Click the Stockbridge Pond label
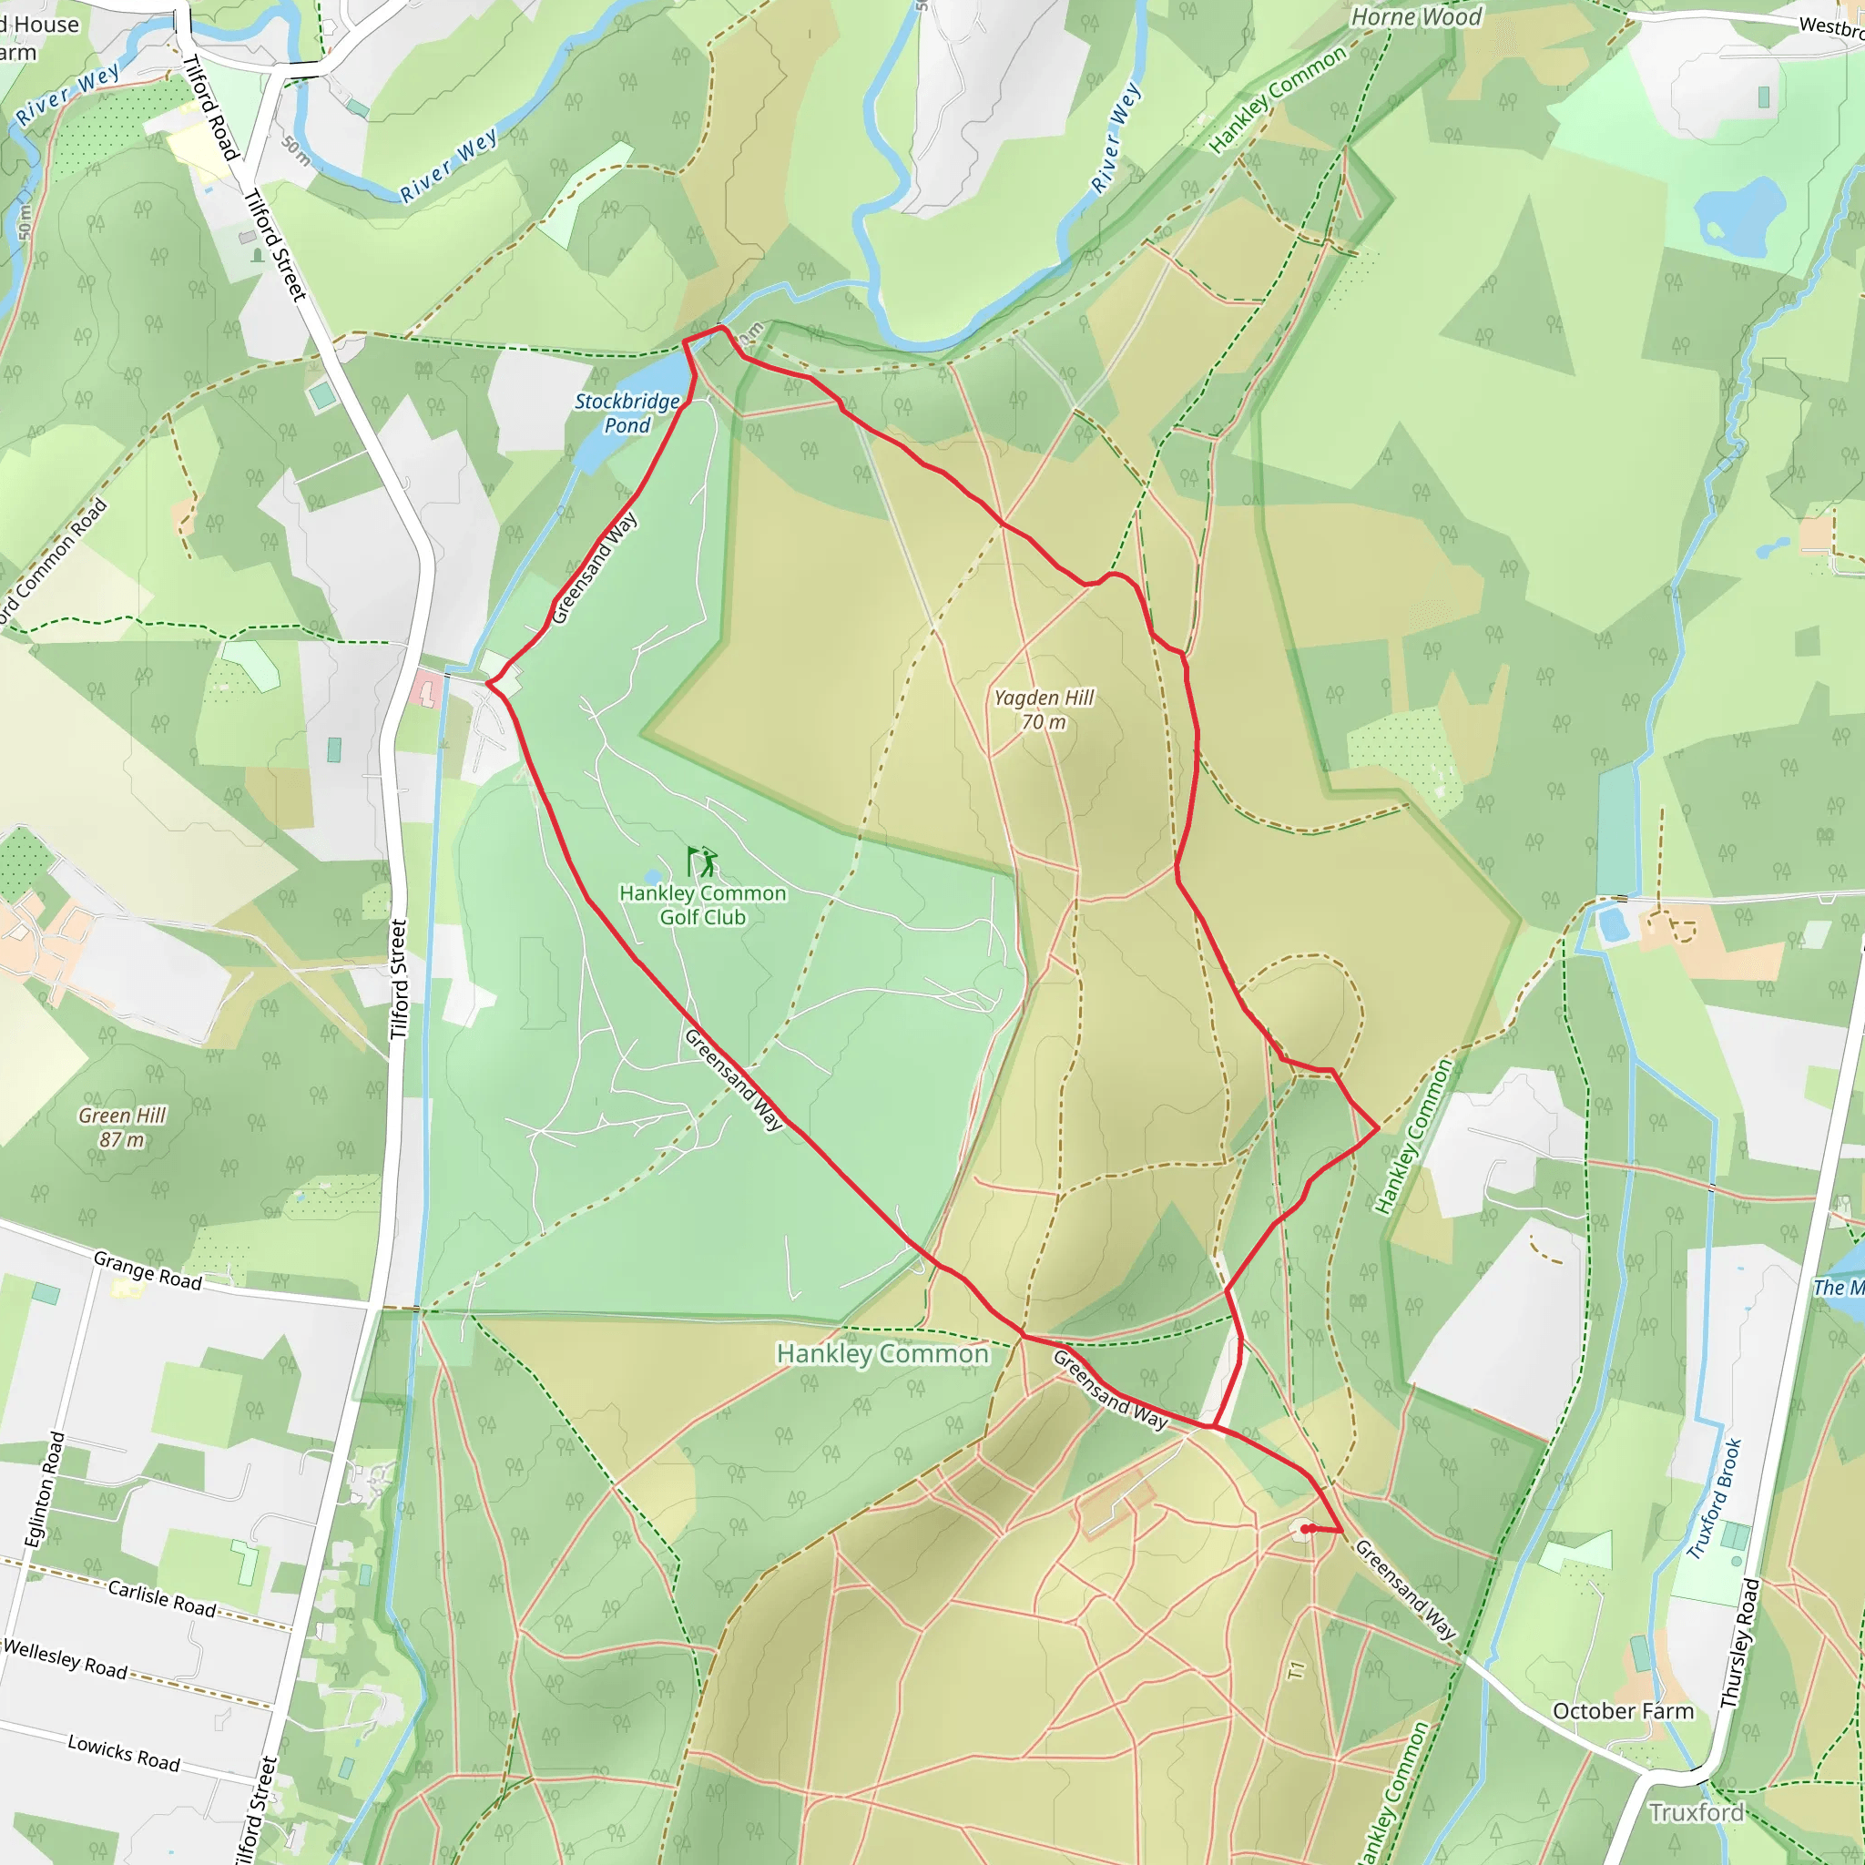(x=627, y=413)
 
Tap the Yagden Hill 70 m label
(x=1045, y=709)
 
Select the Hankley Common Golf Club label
(x=703, y=905)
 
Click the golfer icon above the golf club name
(x=703, y=860)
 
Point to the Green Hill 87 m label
(x=123, y=1127)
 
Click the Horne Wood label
(x=1416, y=17)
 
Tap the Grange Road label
(x=148, y=1270)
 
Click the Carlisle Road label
(x=161, y=1598)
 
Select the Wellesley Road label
(x=66, y=1658)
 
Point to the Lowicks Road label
(x=124, y=1753)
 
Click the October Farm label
(x=1623, y=1711)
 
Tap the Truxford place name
(x=1696, y=1813)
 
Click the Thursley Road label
(x=1739, y=1642)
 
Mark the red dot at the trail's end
(x=1305, y=1529)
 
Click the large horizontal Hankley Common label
(x=882, y=1353)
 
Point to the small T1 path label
(x=1297, y=1670)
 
